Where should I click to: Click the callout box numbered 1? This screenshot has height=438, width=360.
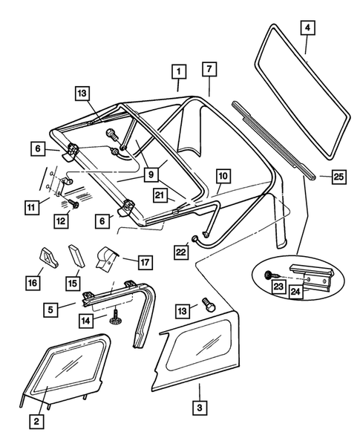pyautogui.click(x=177, y=72)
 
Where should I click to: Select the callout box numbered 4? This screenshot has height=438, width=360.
pyautogui.click(x=307, y=29)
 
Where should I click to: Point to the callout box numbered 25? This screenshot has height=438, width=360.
pyautogui.click(x=338, y=176)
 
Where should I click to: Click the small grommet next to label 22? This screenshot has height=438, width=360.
pyautogui.click(x=194, y=238)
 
